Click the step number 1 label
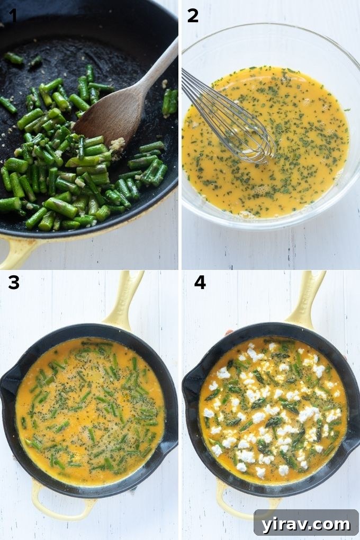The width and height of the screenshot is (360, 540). coord(13,16)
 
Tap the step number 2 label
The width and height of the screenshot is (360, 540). coord(193,16)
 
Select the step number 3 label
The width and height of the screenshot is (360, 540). coord(13,283)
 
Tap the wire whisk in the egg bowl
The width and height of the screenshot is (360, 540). coord(228,116)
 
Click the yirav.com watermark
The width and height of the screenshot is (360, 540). coord(306,524)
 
